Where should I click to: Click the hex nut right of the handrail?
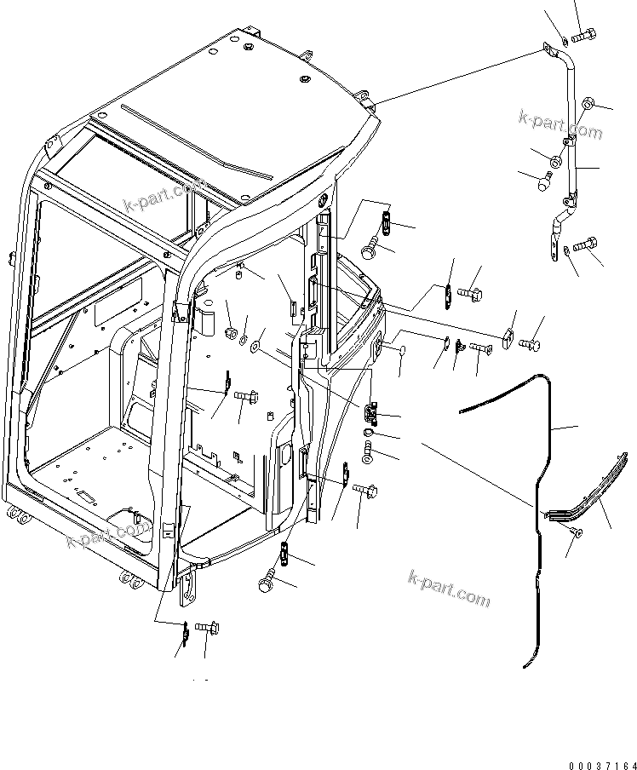(x=588, y=106)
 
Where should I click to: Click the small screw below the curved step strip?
(x=573, y=532)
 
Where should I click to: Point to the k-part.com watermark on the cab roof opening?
(x=166, y=197)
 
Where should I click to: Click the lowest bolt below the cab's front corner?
(x=206, y=628)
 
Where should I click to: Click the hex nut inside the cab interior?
(x=230, y=330)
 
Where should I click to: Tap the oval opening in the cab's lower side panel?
(x=282, y=456)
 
